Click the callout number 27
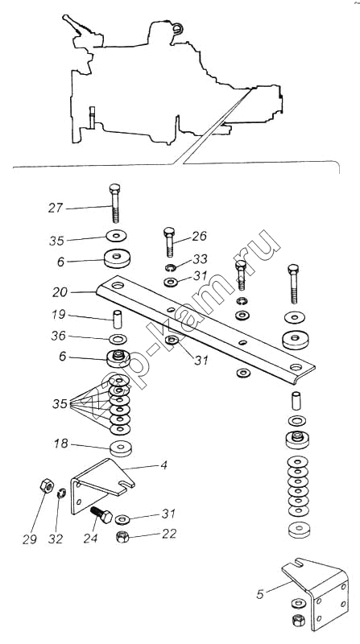click(x=56, y=208)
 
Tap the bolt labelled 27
click(x=115, y=204)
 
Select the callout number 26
click(x=198, y=236)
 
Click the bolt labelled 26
click(x=169, y=242)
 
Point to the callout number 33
click(x=201, y=258)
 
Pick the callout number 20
click(x=60, y=292)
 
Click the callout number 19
click(x=59, y=315)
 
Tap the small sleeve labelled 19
click(x=118, y=320)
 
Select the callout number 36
click(x=58, y=336)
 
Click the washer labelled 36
click(x=118, y=340)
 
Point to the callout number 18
click(x=61, y=444)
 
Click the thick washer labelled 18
click(x=121, y=448)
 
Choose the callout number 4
click(x=164, y=465)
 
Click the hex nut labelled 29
click(x=47, y=486)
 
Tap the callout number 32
click(x=56, y=539)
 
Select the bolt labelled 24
click(x=101, y=514)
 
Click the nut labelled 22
click(x=122, y=537)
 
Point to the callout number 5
click(x=259, y=594)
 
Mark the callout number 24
click(x=90, y=538)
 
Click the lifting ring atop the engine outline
click(x=177, y=28)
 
